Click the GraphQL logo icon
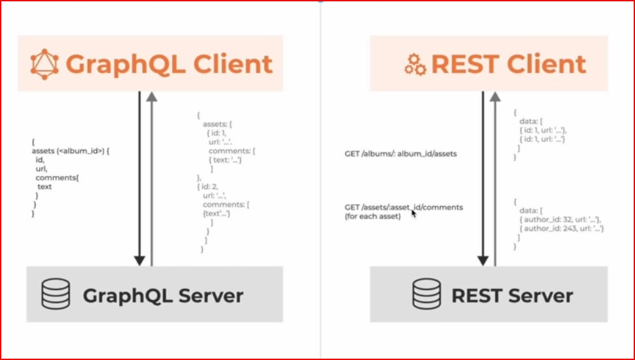[46, 64]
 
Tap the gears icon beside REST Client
[415, 65]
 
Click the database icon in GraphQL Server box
[55, 295]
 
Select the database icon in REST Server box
[426, 295]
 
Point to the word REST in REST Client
[463, 64]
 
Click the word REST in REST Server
[476, 295]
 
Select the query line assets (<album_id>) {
[77, 151]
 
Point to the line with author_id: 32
[558, 220]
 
